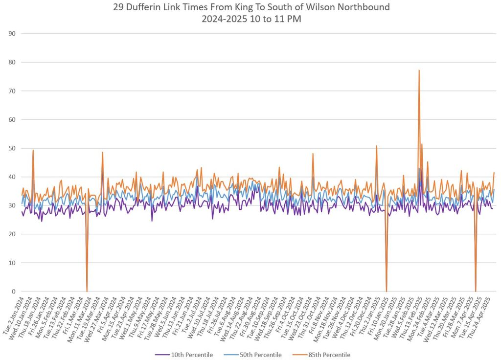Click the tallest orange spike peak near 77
pyautogui.click(x=419, y=70)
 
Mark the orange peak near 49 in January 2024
pyautogui.click(x=33, y=150)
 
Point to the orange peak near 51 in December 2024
pyautogui.click(x=376, y=146)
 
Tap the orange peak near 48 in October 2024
pyautogui.click(x=313, y=154)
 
